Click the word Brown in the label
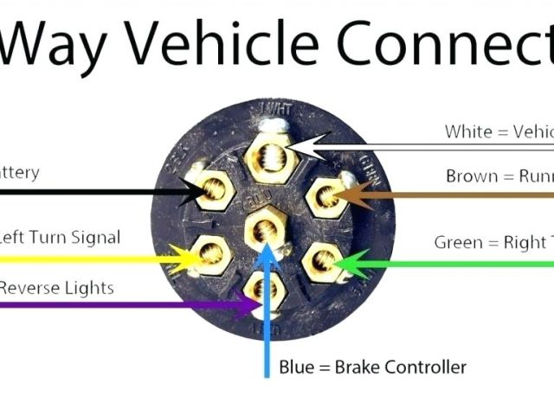473,176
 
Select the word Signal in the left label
93,237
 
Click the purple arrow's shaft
130,304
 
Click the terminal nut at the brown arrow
325,197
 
